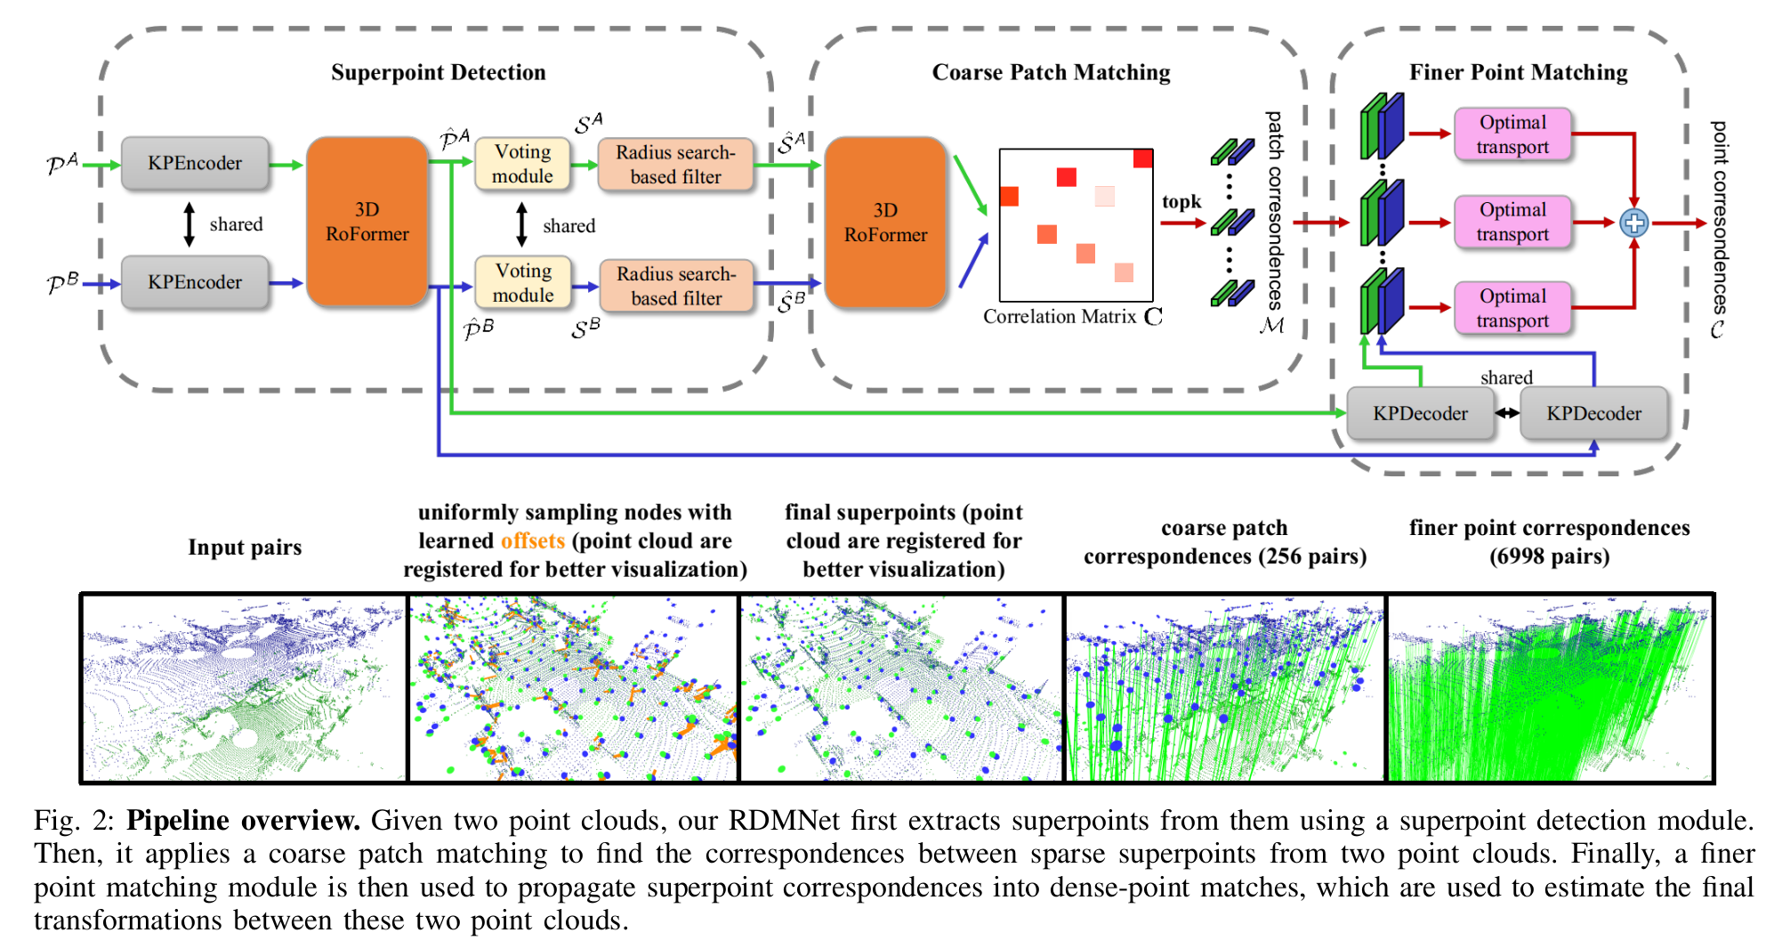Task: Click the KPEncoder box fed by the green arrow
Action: click(x=195, y=163)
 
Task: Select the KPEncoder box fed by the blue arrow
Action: click(x=195, y=282)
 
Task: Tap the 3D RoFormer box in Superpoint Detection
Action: click(x=367, y=222)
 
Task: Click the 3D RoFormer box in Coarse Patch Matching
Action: click(x=885, y=223)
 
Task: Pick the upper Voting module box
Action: click(x=523, y=164)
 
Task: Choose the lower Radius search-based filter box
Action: click(x=676, y=286)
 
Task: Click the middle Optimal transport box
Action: click(x=1512, y=222)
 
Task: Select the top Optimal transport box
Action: click(x=1512, y=134)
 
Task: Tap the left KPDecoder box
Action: click(x=1420, y=413)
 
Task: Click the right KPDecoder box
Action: click(x=1593, y=413)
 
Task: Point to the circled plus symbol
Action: click(x=1633, y=223)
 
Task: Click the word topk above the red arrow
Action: click(x=1181, y=202)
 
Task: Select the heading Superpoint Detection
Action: click(x=439, y=72)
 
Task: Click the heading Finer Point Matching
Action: click(x=1519, y=72)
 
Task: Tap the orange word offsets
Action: click(x=533, y=540)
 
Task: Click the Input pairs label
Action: click(x=245, y=547)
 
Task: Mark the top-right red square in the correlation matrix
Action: click(x=1143, y=158)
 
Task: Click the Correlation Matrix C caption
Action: click(x=1073, y=317)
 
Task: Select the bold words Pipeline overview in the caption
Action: click(x=243, y=820)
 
